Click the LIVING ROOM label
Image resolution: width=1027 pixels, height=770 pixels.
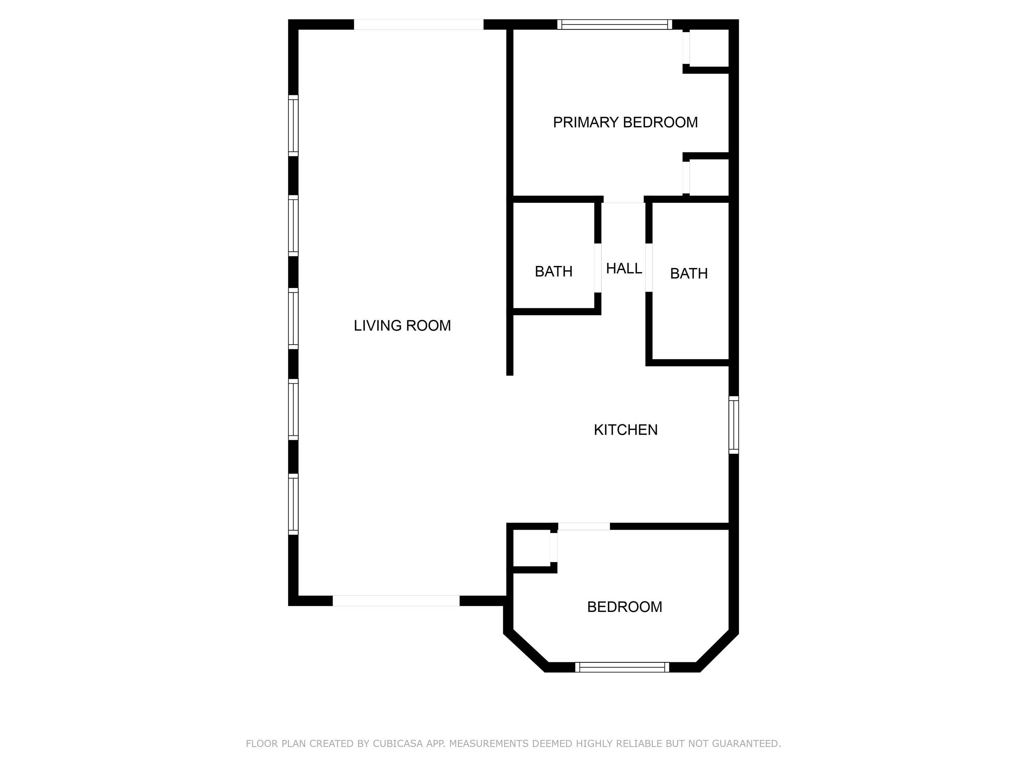pos(402,326)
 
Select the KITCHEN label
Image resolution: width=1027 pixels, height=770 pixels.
pos(626,430)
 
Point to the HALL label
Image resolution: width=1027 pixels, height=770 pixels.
pos(624,268)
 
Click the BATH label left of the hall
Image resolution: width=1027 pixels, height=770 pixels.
pos(553,271)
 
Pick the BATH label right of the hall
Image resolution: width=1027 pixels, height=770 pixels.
pos(689,274)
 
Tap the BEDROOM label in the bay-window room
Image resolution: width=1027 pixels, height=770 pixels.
pos(624,607)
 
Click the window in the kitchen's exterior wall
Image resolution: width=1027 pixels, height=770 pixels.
pos(733,425)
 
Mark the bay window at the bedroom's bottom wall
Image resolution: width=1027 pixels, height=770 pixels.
pos(622,667)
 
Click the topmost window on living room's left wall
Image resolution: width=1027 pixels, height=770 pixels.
pos(293,126)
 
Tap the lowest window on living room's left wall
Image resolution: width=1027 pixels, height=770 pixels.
pos(293,505)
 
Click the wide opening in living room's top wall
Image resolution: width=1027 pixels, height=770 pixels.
pos(419,25)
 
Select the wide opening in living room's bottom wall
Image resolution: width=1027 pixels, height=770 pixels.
pos(396,601)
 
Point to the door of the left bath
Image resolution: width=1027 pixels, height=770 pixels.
pos(598,268)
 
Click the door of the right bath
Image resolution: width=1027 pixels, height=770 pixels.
pos(649,268)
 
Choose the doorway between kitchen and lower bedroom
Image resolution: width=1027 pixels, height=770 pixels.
pos(584,526)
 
